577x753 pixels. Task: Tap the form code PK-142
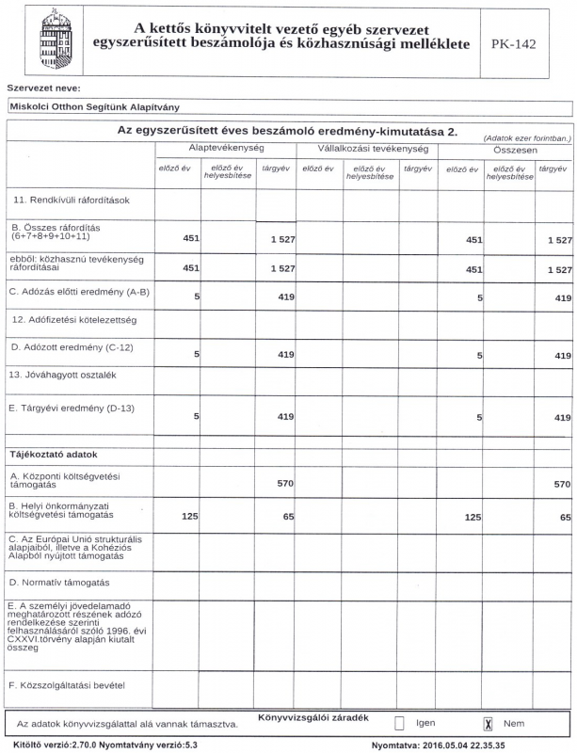click(x=513, y=44)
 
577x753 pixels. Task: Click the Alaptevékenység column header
click(x=225, y=149)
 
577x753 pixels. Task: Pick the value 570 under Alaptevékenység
click(x=285, y=484)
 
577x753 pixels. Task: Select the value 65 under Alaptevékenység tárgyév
click(x=288, y=517)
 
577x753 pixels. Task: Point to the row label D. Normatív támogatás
click(x=60, y=583)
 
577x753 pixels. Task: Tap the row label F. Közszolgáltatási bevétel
click(x=67, y=684)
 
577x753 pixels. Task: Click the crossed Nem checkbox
click(x=488, y=724)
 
